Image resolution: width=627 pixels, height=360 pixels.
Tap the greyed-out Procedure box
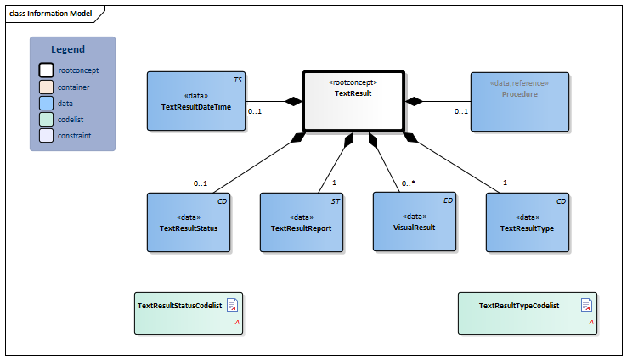pos(519,101)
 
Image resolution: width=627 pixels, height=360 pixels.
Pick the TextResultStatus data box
pos(189,222)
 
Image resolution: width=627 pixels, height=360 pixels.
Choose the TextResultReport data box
pos(301,222)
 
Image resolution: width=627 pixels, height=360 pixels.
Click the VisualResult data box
pos(415,222)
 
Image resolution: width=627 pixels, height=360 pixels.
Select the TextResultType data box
pos(528,222)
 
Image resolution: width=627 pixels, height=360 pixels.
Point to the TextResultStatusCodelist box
pos(188,312)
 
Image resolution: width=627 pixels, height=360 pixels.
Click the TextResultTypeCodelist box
pos(527,312)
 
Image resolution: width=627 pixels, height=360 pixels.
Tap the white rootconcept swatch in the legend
pos(47,70)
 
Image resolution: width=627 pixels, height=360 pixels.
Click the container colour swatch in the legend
pos(47,87)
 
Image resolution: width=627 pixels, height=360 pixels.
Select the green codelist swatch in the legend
pos(47,119)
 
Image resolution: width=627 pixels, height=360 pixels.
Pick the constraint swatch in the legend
pos(47,135)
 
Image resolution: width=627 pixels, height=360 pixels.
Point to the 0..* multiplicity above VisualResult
pos(408,183)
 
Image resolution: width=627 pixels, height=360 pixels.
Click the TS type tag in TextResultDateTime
pos(238,79)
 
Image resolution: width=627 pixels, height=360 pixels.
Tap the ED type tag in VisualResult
pos(448,200)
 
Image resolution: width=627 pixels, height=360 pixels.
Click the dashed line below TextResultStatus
pos(188,272)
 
